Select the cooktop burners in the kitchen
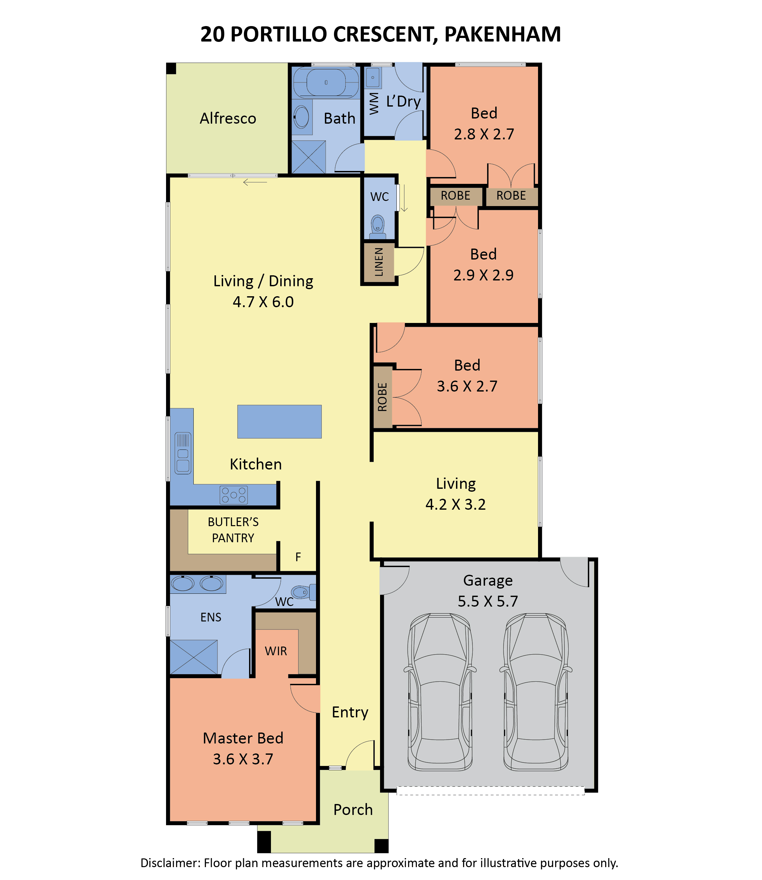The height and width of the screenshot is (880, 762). pos(233,495)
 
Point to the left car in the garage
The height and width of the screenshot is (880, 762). pos(440,692)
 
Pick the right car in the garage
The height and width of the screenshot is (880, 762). pos(536,692)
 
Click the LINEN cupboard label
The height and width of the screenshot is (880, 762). pos(379,262)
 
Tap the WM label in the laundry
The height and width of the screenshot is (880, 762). pos(374,103)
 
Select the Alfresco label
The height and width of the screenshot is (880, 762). pos(228,118)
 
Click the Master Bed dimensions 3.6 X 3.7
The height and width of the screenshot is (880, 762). pos(243,759)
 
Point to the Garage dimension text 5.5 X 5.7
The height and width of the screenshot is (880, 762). pos(488,601)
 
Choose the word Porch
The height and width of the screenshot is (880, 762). pos(353,810)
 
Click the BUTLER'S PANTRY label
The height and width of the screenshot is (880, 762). pos(233,530)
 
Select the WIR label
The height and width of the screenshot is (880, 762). pos(276,651)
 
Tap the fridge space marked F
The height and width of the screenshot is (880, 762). pos(298,557)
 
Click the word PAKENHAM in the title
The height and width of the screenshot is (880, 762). pos(503,34)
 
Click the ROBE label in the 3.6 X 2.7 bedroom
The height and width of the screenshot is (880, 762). pos(382,397)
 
